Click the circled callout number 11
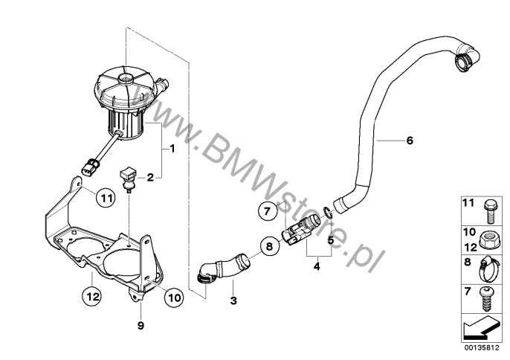(x=106, y=198)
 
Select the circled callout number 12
(x=91, y=297)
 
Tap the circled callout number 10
(x=174, y=298)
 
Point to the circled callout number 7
(x=268, y=211)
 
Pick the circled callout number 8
(x=269, y=246)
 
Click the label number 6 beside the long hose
(x=410, y=141)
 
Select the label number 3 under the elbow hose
(x=233, y=300)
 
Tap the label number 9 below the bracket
(x=141, y=326)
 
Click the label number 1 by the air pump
(x=172, y=149)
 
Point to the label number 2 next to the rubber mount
(x=150, y=178)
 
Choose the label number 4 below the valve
(x=317, y=267)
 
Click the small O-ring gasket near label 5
(x=328, y=212)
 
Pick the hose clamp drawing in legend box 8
(x=488, y=269)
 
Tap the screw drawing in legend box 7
(x=486, y=300)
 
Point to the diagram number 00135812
(x=482, y=348)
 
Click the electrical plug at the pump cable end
(x=91, y=166)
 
